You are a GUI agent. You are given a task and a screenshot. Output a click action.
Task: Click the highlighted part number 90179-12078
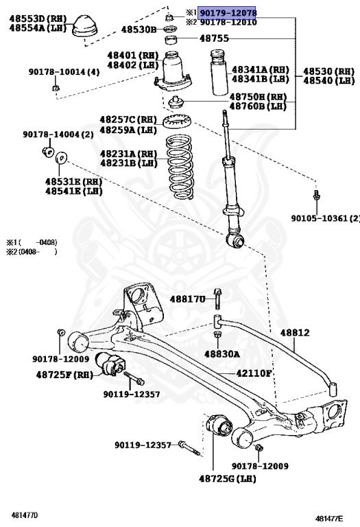pos(228,13)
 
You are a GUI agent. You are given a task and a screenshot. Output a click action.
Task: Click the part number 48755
pos(214,39)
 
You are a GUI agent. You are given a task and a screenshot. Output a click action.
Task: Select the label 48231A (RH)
pos(128,154)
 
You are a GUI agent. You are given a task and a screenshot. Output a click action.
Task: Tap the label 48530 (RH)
pos(328,71)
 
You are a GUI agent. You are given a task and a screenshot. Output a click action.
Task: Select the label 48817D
pos(188,299)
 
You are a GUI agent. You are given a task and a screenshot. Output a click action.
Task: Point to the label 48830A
pos(221,354)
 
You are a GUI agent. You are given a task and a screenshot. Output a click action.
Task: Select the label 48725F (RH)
pos(64,375)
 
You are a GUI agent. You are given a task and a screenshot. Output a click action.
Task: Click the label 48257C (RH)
pos(128,119)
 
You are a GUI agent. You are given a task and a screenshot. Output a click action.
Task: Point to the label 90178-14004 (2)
pos(58,134)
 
